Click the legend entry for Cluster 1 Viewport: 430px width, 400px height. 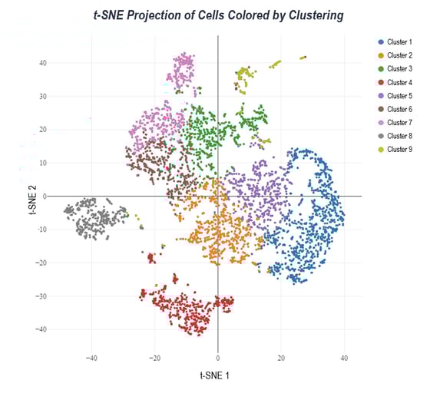399,41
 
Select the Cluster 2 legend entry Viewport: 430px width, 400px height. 399,55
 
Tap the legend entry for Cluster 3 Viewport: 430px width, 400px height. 399,69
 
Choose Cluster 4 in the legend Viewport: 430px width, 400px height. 399,82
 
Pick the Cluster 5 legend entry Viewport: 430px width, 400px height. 399,96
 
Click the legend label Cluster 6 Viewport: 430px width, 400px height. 399,109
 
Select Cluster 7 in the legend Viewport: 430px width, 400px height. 399,123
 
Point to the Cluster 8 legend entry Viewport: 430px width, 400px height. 399,136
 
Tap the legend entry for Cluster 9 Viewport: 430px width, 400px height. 399,150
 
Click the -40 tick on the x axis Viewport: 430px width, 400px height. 91,358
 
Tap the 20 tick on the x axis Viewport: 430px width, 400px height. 281,358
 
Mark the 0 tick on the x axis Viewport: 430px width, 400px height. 218,358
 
